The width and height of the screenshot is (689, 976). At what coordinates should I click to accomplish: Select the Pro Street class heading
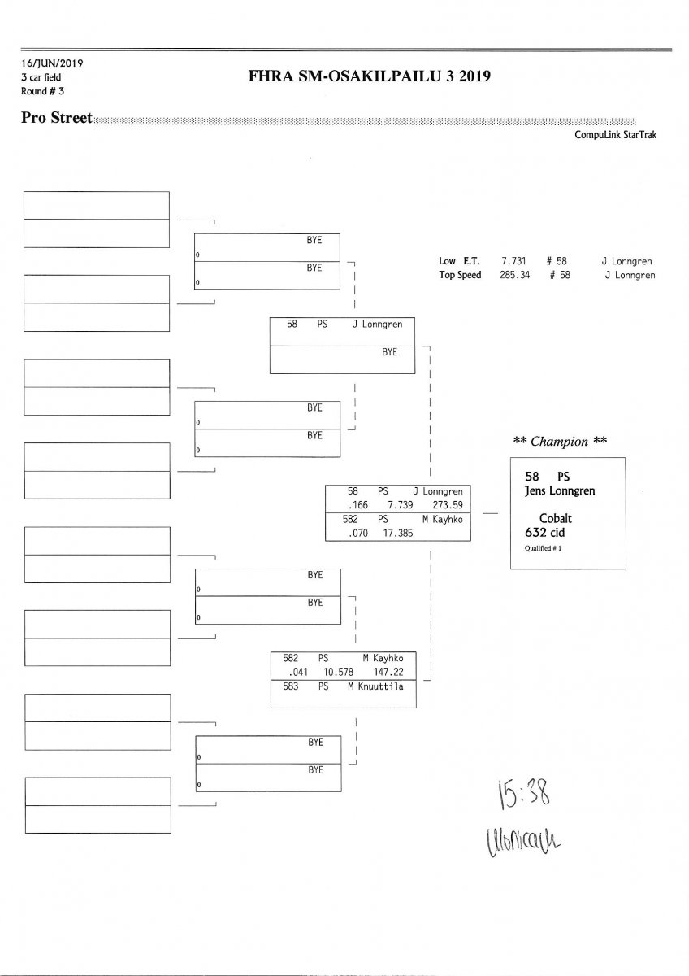[x=57, y=118]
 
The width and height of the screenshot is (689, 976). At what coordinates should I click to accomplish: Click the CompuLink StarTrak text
[x=615, y=136]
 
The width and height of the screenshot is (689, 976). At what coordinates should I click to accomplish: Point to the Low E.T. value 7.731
[x=513, y=262]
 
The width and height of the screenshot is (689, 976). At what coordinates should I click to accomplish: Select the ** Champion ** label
[x=561, y=442]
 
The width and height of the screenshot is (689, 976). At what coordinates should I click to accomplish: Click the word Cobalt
[x=557, y=519]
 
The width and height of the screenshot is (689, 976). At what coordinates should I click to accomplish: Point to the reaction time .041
[x=296, y=673]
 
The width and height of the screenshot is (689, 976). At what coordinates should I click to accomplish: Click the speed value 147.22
[x=388, y=673]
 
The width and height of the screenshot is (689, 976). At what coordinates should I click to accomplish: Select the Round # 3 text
[x=43, y=91]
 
